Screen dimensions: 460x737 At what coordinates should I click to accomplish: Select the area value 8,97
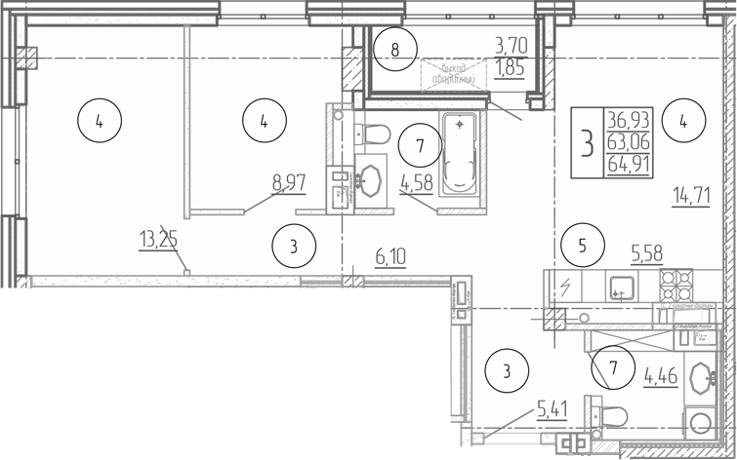[289, 180]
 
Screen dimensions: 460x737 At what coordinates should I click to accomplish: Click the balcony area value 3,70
[512, 44]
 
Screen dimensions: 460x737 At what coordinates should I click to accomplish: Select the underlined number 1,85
[511, 68]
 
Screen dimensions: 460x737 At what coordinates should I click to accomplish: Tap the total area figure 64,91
[632, 165]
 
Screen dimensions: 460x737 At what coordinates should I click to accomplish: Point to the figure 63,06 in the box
[632, 142]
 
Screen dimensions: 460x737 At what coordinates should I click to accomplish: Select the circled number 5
[583, 245]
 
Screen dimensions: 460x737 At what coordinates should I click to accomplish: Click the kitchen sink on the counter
[619, 287]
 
